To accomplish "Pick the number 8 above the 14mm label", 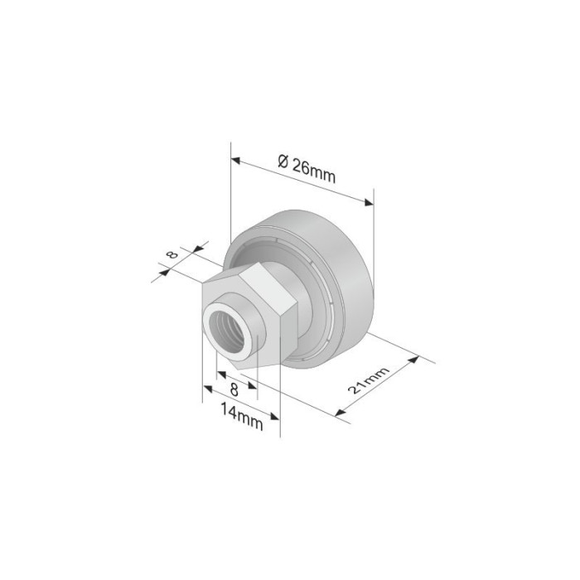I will click(x=234, y=388).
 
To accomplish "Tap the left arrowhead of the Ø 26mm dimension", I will click(x=236, y=159).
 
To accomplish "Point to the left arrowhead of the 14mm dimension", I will click(x=206, y=402).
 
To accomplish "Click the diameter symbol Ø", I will click(x=283, y=161).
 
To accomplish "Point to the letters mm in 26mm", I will click(x=322, y=172).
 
